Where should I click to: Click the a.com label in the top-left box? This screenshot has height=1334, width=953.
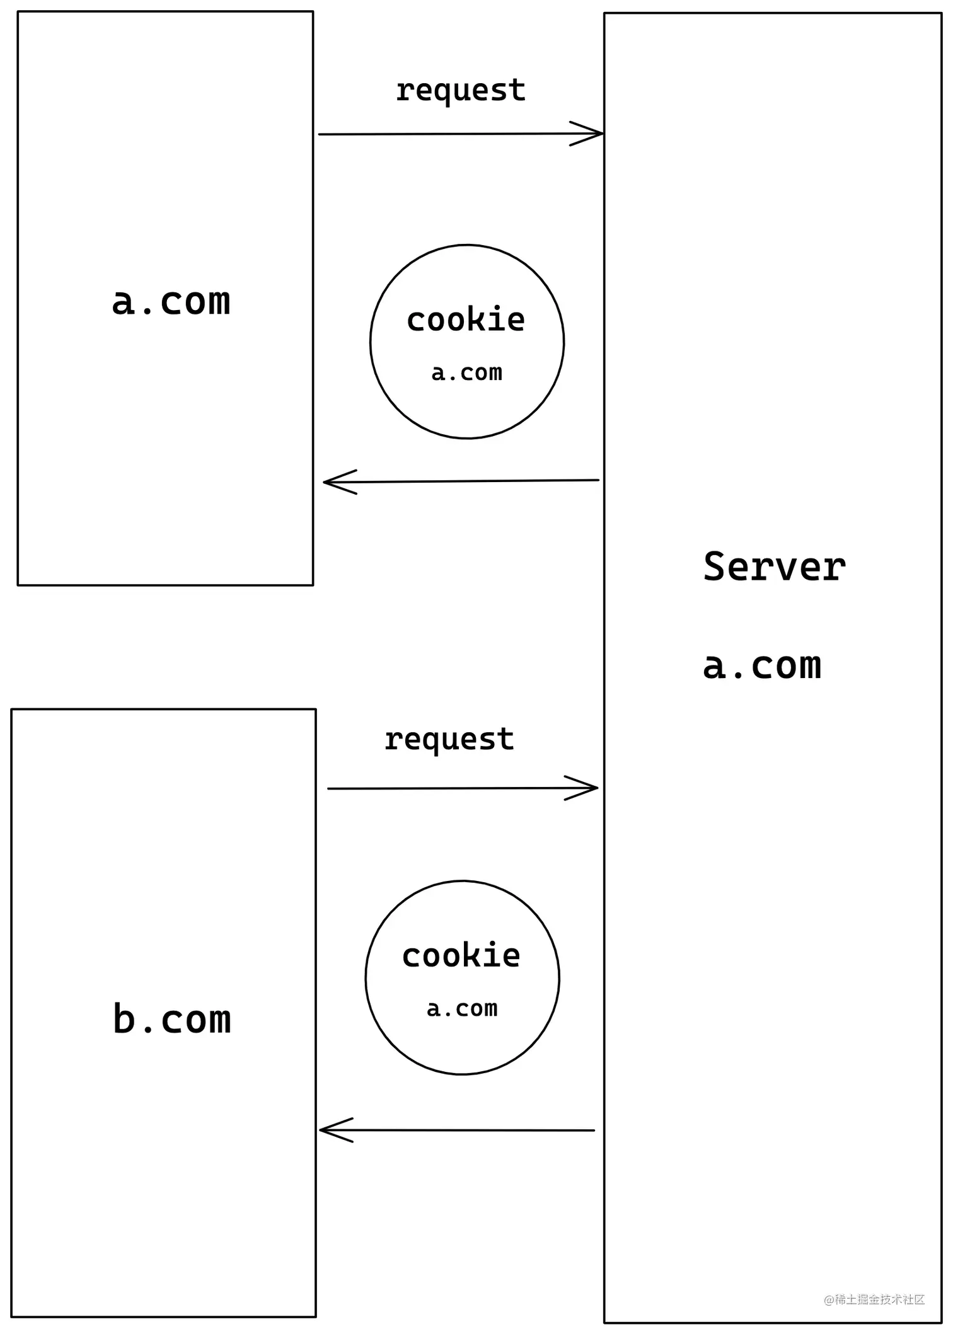tap(171, 302)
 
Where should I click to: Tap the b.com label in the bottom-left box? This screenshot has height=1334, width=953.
tap(171, 1019)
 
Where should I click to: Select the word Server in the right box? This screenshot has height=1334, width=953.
tap(774, 567)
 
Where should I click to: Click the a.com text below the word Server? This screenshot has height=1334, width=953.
tap(762, 667)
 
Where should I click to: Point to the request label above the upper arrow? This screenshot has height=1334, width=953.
tap(460, 91)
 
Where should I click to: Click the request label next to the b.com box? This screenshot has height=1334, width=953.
tap(449, 740)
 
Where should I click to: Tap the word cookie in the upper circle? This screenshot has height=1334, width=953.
tap(466, 320)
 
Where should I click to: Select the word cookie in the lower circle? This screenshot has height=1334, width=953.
tap(461, 956)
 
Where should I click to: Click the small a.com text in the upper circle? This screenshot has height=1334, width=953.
tap(466, 373)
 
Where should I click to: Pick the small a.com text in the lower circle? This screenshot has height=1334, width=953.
tap(462, 1009)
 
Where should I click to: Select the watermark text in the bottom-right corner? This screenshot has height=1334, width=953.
tap(874, 1299)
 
